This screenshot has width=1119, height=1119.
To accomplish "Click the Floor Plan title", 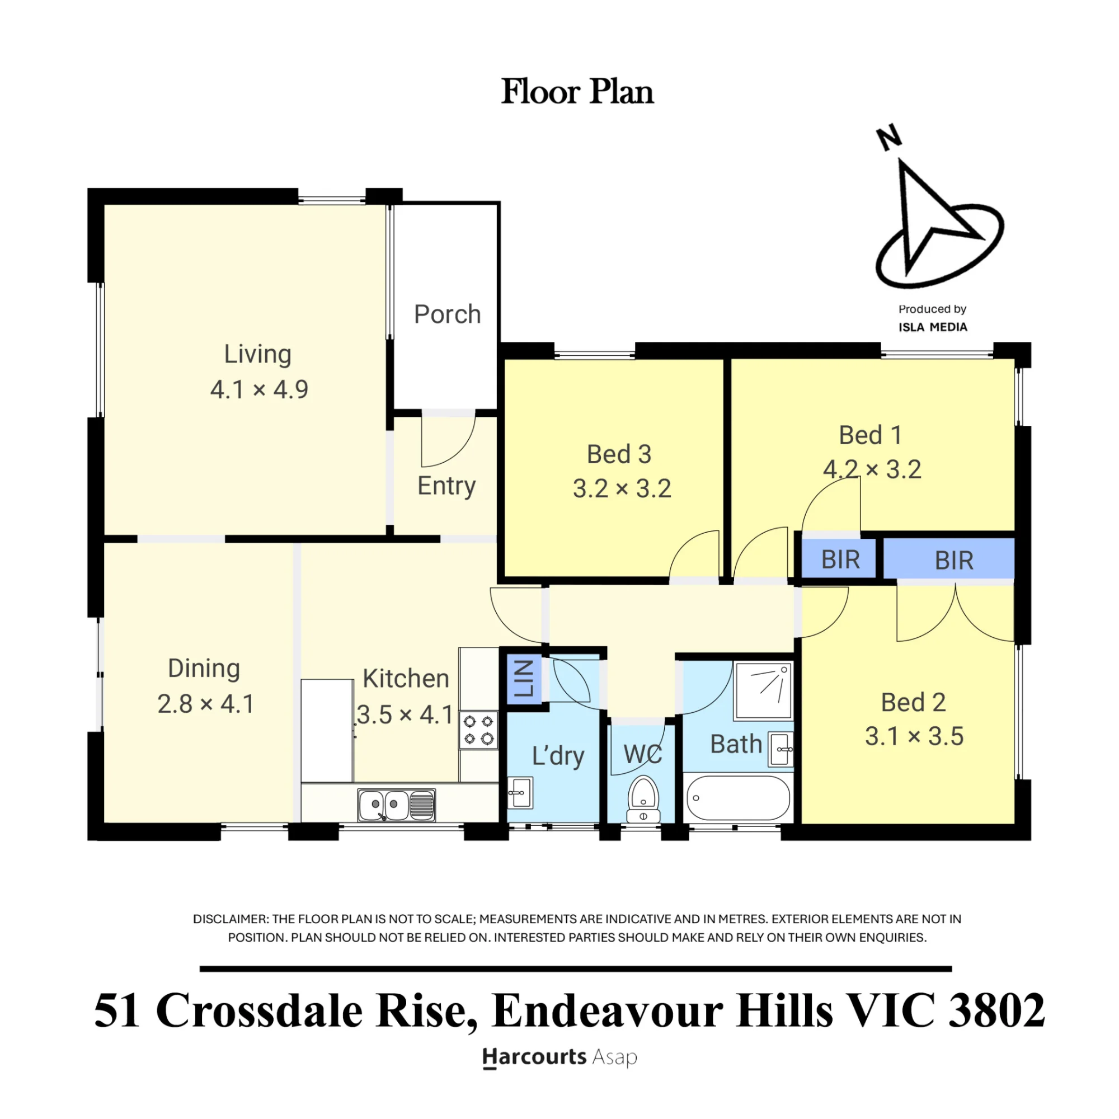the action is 577,92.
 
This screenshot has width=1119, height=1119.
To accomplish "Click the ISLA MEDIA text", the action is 933,327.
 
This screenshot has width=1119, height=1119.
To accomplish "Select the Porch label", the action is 447,314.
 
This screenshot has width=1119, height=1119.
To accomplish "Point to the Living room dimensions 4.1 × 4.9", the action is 259,389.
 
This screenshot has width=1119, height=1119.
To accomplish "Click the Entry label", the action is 446,487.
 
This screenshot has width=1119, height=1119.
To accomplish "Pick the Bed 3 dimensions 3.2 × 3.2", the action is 622,489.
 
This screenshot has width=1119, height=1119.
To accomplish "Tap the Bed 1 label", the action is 871,435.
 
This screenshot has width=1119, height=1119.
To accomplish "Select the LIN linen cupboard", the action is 524,679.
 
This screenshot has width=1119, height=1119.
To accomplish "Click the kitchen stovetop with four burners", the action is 478,730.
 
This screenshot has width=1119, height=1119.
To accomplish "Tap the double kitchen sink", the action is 396,805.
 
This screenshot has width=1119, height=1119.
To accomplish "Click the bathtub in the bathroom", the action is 737,797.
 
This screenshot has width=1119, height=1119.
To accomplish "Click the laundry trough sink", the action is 520,792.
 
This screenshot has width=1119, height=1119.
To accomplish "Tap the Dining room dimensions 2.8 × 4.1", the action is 205,704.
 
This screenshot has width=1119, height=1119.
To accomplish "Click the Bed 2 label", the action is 914,703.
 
